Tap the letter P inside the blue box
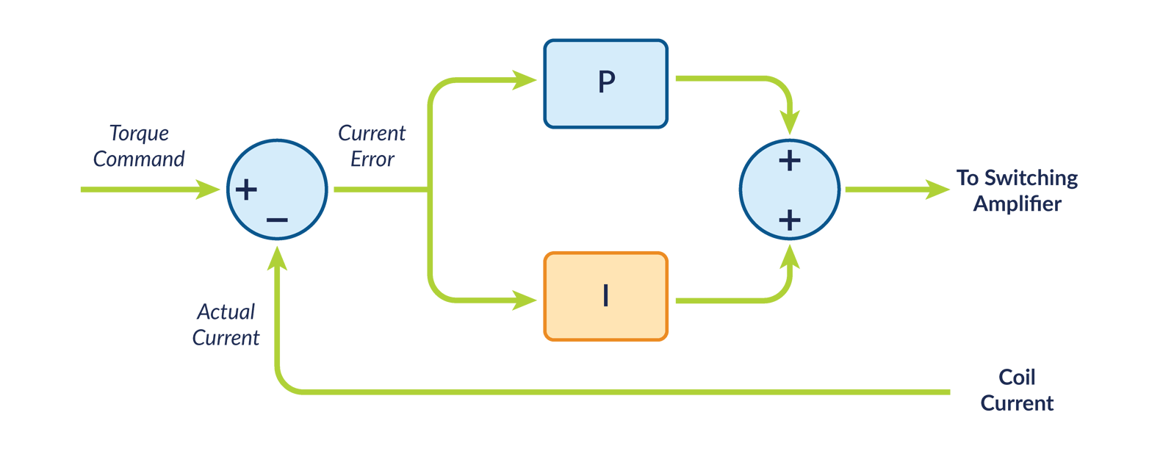606,82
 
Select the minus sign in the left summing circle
277,220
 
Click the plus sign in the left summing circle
246,190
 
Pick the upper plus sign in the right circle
789,161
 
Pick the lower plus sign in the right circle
789,220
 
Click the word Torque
139,134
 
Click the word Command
139,159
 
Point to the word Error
372,159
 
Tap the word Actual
226,312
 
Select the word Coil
1017,378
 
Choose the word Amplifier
1018,203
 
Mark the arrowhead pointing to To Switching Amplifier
938,190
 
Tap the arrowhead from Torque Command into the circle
209,190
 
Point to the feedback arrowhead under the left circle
278,258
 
